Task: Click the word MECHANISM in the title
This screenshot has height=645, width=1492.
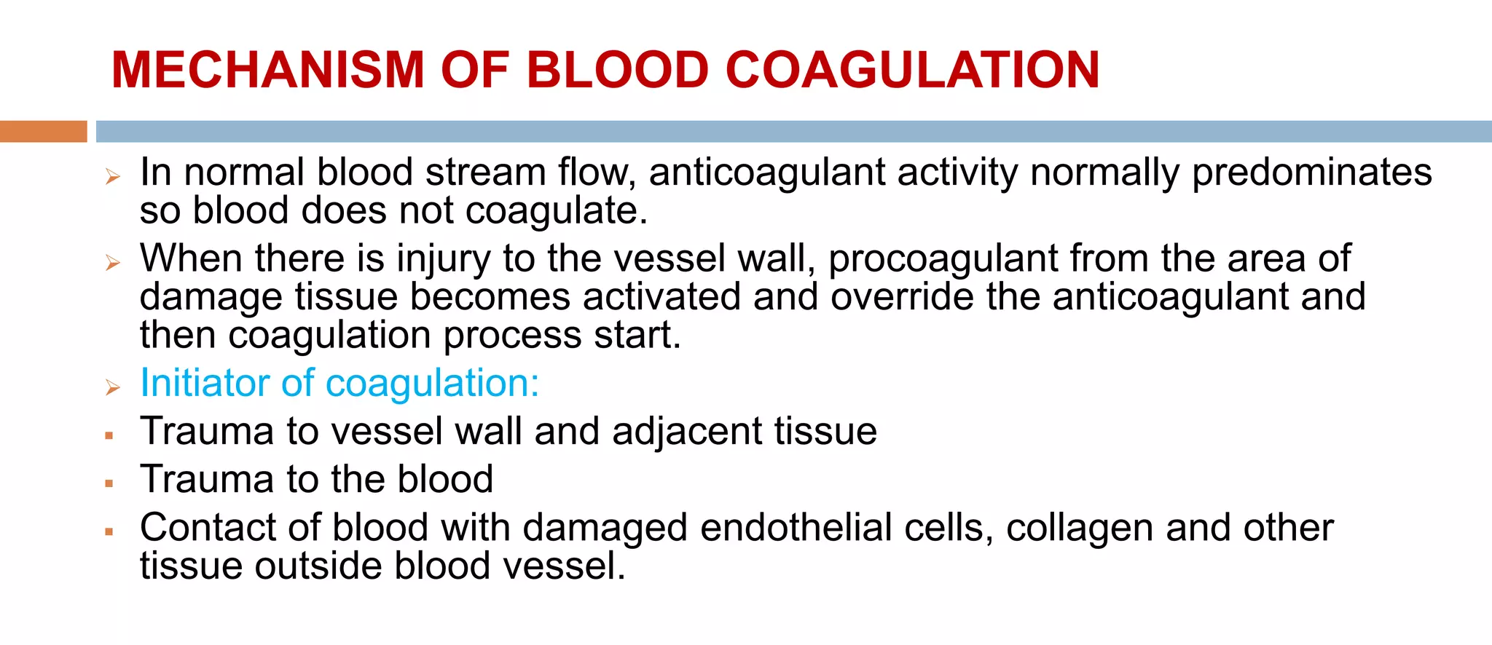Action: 267,70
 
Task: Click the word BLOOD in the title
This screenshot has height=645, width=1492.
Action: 617,70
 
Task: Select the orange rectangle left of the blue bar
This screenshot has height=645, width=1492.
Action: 43,131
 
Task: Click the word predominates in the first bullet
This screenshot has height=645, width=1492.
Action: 1311,173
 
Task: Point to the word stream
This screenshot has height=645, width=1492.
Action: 485,173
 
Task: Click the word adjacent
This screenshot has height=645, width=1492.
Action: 687,431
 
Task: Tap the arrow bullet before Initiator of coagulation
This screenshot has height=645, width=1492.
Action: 112,387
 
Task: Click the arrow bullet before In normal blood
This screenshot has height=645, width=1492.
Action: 112,176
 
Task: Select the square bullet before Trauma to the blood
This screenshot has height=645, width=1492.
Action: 109,483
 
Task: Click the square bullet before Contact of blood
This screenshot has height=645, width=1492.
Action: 109,531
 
